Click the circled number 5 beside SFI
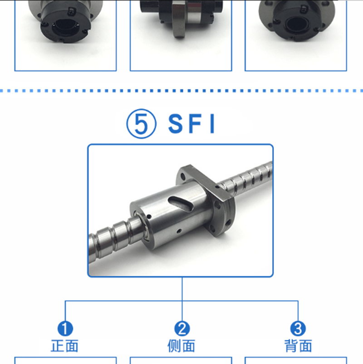[141, 124]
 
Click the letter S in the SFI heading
[176, 124]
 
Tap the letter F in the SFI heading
[195, 124]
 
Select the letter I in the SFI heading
[212, 124]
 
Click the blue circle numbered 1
[65, 329]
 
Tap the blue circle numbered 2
[182, 329]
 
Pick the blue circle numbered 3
[298, 329]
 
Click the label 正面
[64, 346]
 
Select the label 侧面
[181, 346]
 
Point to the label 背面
[298, 346]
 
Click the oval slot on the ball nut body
[181, 204]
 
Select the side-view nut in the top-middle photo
[181, 17]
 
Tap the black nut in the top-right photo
[297, 20]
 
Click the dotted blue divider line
[181, 91]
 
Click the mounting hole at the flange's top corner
[183, 177]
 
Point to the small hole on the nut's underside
[179, 231]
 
